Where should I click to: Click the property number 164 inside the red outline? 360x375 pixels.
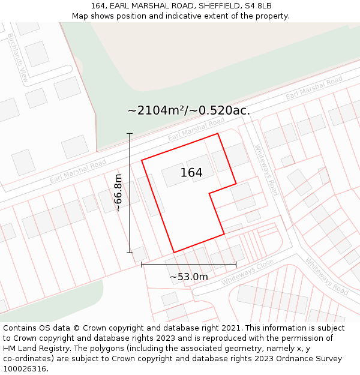tap(191, 173)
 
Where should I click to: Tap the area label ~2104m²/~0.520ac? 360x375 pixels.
tap(188, 110)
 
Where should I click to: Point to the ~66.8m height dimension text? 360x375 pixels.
tap(118, 193)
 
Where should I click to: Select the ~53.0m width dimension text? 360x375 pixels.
tap(188, 277)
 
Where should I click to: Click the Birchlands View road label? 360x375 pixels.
tap(18, 58)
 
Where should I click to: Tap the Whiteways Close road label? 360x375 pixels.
tap(247, 272)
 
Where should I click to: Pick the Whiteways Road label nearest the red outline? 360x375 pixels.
tap(266, 170)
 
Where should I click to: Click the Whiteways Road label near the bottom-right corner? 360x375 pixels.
tap(326, 277)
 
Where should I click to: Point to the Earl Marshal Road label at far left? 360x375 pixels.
tap(78, 171)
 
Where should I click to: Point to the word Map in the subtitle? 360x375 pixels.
tap(81, 16)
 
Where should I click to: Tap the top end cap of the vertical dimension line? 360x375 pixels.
tap(130, 133)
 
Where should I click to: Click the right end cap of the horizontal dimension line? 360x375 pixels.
tap(236, 264)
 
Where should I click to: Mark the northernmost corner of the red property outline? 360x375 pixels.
tap(217, 134)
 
